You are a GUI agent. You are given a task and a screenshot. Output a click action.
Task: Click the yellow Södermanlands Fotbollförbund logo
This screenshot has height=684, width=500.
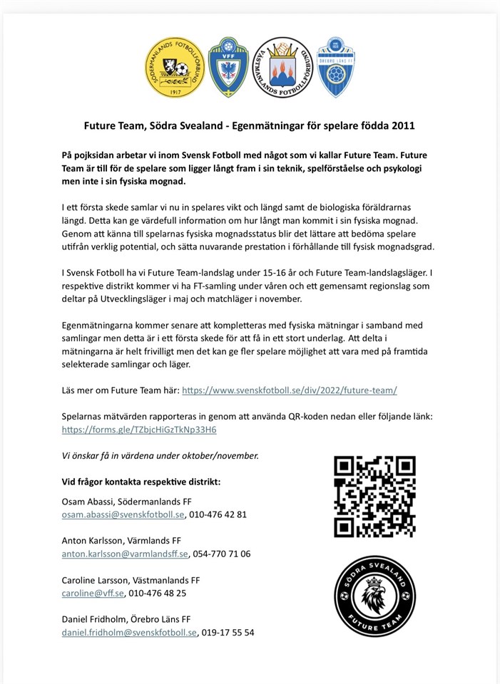[x=175, y=68]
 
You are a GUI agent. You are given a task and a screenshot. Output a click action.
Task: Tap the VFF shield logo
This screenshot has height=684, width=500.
[x=228, y=68]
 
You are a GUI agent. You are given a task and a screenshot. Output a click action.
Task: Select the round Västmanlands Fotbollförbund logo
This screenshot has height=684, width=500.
[x=283, y=68]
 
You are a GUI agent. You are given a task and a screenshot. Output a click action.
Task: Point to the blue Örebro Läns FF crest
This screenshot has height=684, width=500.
[x=336, y=68]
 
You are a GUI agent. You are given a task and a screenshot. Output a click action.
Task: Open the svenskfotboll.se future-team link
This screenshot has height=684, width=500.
[x=290, y=390]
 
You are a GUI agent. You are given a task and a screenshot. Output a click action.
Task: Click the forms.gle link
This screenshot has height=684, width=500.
[x=139, y=430]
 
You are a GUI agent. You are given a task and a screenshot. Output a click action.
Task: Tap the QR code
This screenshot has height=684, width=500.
[x=374, y=497]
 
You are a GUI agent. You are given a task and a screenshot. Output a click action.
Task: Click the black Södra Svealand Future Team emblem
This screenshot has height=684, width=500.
[x=374, y=596]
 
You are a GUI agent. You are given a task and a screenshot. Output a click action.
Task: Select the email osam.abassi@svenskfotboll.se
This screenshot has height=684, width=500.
[x=123, y=514]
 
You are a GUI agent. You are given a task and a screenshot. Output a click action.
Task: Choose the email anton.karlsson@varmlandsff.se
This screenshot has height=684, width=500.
[x=125, y=554]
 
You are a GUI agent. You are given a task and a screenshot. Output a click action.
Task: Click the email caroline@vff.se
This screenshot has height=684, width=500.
[x=93, y=593]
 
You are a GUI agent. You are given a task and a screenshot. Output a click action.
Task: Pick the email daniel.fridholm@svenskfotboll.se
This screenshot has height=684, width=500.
[x=129, y=632]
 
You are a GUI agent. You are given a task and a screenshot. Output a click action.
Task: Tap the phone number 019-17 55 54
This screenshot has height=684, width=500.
[x=228, y=632]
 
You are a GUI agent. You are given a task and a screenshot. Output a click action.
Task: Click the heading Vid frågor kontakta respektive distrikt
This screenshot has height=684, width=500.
[x=141, y=482]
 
